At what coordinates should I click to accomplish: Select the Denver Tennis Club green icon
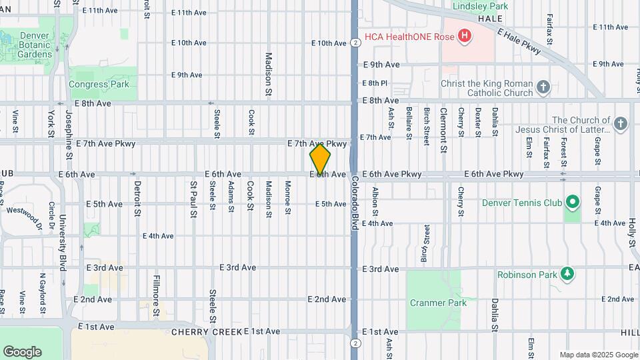571,201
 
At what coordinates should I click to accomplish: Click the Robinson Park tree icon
567,273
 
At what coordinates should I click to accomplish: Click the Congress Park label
99,85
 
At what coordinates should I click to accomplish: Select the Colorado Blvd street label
355,204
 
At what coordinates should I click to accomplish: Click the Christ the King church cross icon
543,87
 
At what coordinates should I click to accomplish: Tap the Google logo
22,351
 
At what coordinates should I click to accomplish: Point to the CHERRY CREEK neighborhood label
206,331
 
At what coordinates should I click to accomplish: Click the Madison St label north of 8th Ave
269,74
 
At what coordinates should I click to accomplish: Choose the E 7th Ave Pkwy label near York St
106,143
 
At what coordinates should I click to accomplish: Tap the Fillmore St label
157,295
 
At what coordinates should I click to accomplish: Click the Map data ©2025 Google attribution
599,355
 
